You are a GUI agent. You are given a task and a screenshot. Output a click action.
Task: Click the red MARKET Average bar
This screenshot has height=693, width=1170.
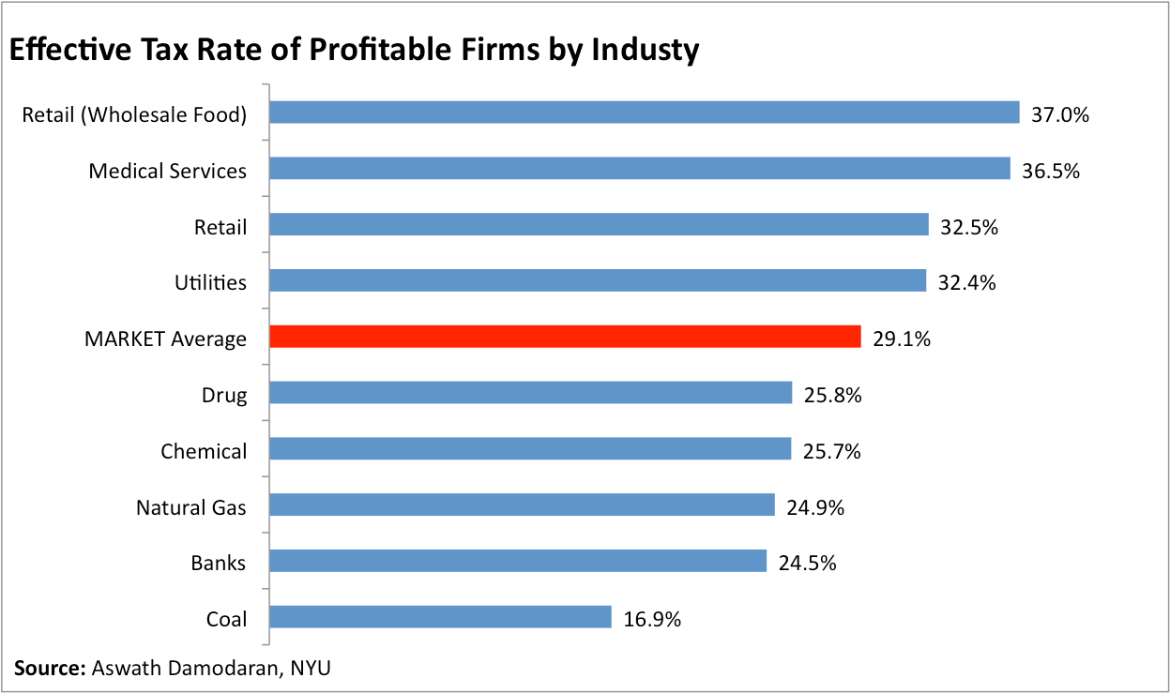(x=565, y=337)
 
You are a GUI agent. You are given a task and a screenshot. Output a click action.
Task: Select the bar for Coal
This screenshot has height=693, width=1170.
(x=440, y=617)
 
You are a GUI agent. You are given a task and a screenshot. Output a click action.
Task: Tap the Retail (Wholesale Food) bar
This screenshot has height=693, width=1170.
(x=644, y=113)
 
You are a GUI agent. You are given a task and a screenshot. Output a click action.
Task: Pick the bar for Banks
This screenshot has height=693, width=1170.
(x=518, y=561)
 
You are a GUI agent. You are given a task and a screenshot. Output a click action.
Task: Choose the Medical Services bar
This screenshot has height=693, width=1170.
(x=639, y=169)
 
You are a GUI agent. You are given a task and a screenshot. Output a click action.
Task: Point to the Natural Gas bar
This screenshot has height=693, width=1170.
(x=522, y=505)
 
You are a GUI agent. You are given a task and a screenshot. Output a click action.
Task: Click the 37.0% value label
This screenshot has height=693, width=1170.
(x=1060, y=115)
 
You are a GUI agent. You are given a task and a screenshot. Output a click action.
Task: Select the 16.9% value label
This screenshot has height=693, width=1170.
(x=652, y=619)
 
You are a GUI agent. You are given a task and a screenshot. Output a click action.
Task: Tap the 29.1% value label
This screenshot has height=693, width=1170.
(x=902, y=339)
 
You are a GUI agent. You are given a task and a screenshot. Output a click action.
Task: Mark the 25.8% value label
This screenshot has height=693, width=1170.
(x=832, y=395)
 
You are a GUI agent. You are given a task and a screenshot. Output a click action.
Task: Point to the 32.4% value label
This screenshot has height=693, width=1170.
(x=966, y=283)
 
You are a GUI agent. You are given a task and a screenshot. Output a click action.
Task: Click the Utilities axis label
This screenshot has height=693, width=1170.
(x=211, y=282)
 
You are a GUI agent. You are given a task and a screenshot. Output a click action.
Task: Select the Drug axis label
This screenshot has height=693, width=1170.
(x=224, y=395)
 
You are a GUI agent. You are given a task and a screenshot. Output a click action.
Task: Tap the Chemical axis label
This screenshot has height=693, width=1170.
(x=204, y=451)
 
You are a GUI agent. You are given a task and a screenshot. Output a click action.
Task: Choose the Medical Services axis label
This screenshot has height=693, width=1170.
(x=168, y=171)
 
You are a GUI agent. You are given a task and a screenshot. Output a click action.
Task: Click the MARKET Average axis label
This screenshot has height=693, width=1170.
(x=165, y=339)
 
